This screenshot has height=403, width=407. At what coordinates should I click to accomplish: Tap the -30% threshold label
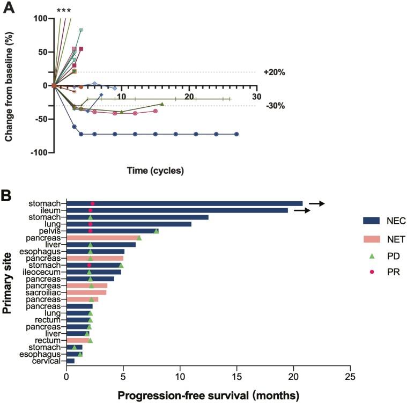pyautogui.click(x=274, y=106)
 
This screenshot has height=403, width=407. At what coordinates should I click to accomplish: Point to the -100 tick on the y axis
pyautogui.click(x=38, y=152)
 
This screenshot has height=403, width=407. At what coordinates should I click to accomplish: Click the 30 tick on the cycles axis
pyautogui.click(x=256, y=96)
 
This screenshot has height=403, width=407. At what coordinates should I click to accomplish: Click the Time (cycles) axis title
pyautogui.click(x=155, y=171)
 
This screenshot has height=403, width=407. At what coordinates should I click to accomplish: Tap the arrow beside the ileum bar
pyautogui.click(x=302, y=210)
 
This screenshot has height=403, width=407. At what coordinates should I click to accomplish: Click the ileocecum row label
pyautogui.click(x=47, y=272)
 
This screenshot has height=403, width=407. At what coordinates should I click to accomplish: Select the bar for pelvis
pyautogui.click(x=112, y=231)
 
